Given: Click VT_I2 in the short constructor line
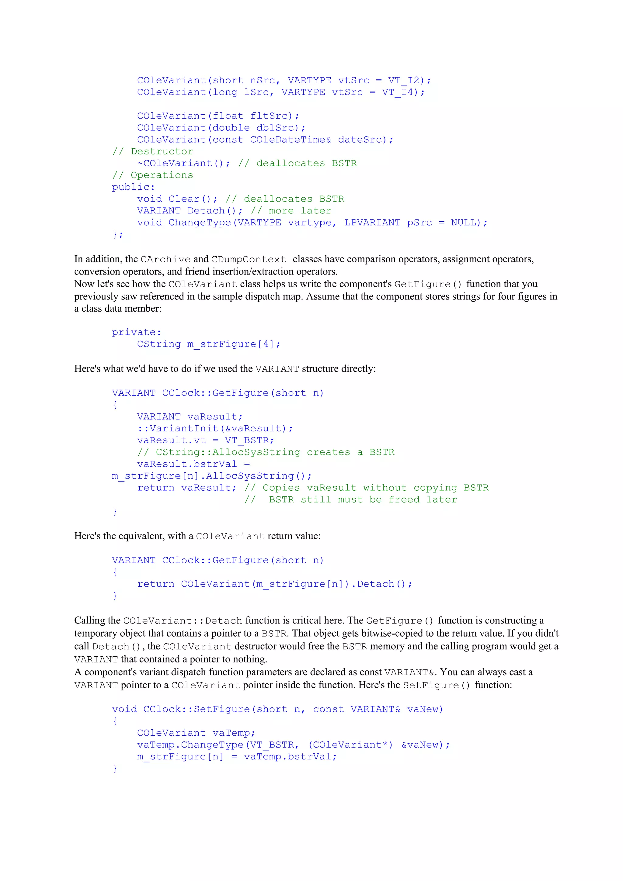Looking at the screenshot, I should click(404, 80).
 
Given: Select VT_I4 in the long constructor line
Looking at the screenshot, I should click(398, 92).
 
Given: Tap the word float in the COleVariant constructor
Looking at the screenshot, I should click(228, 116).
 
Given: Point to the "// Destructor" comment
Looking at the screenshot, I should click(153, 152).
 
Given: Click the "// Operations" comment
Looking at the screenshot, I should click(153, 175).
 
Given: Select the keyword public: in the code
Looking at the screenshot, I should click(133, 187).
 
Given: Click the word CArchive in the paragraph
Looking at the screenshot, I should click(165, 259).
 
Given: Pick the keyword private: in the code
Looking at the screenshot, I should click(136, 332).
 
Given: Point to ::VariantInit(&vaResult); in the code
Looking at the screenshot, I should click(215, 429).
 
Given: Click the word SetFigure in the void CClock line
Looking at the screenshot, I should click(221, 709).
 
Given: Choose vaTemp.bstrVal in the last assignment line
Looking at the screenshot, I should click(290, 757).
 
